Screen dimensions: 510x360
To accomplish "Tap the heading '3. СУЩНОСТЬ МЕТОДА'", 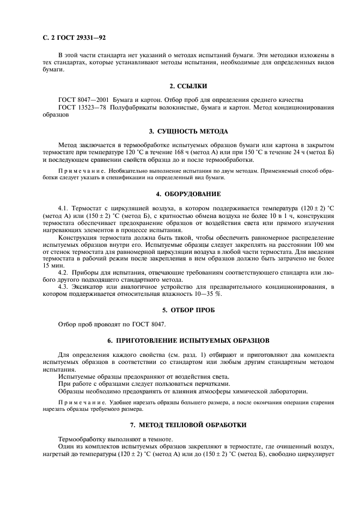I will coord(188,131).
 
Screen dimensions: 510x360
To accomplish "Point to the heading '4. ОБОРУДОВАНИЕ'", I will coord(188,194).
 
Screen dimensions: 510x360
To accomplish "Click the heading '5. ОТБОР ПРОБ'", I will coord(188,310).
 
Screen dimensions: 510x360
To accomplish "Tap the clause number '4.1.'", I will coord(64,208).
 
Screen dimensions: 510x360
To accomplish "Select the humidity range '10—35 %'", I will coord(209,294).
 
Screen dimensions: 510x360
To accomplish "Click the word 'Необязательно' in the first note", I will coord(118,171).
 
